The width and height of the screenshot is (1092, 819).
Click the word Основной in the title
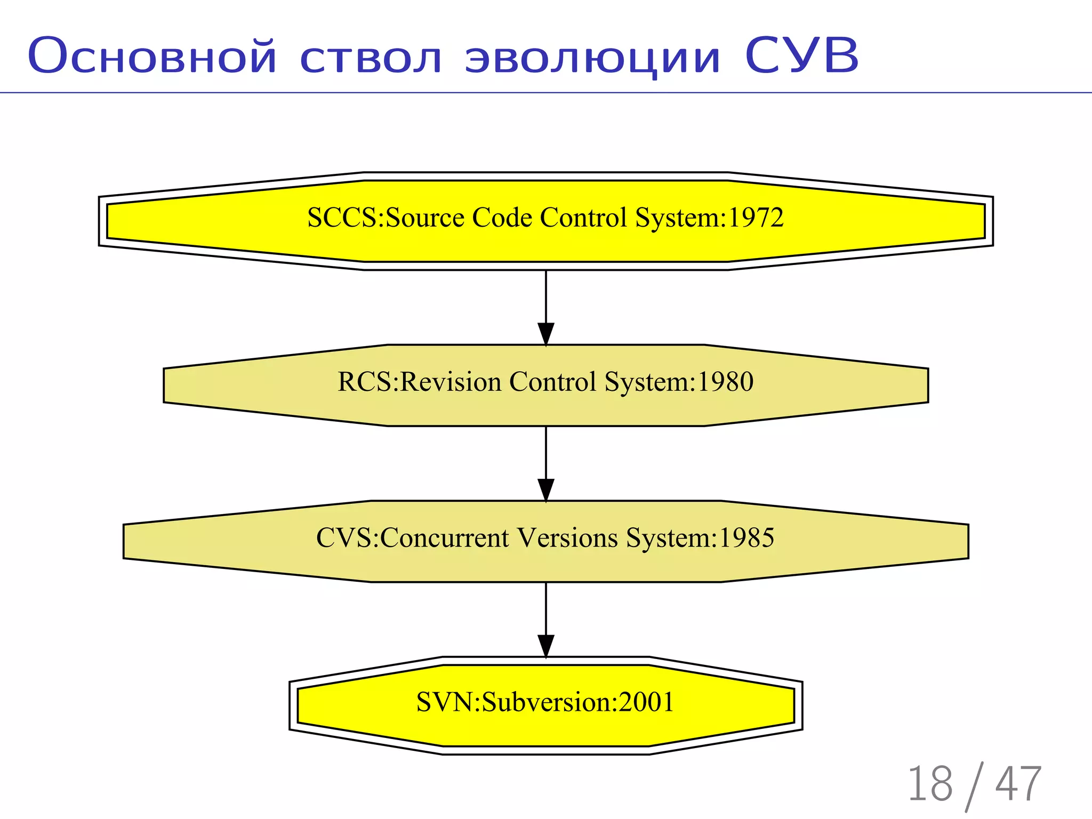click(x=152, y=56)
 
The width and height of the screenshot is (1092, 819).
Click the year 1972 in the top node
click(x=756, y=218)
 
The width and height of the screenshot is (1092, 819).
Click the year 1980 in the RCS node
click(x=725, y=382)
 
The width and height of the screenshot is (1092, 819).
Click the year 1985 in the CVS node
click(x=746, y=537)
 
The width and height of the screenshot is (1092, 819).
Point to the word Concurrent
click(x=445, y=537)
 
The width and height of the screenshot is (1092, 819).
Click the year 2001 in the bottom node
click(x=646, y=702)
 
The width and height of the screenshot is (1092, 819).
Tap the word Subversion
click(x=549, y=702)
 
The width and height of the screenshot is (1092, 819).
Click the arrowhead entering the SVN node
click(x=545, y=646)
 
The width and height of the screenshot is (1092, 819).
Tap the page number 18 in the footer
click(x=930, y=784)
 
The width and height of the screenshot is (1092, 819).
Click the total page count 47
click(x=1018, y=784)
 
